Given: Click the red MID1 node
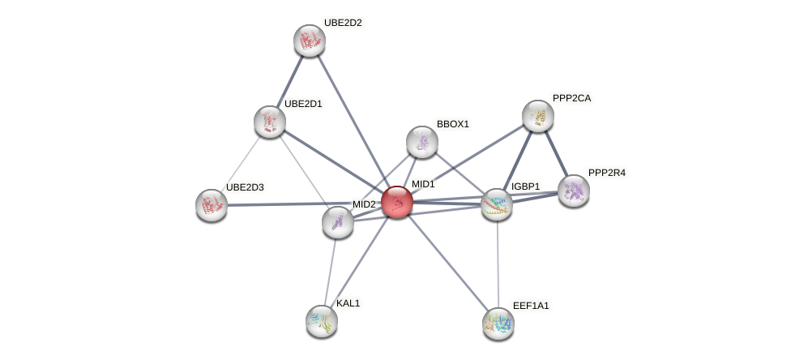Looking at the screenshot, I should (x=397, y=202).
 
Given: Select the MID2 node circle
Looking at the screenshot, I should (x=337, y=222).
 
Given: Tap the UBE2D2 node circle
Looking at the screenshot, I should (x=309, y=41).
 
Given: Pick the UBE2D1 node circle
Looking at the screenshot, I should (x=269, y=122).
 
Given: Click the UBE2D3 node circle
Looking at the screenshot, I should (x=212, y=205).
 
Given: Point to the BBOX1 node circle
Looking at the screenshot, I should (x=421, y=142).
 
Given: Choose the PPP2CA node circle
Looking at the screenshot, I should (x=537, y=116).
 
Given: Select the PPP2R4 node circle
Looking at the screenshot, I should (x=573, y=191).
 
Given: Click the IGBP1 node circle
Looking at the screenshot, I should (x=497, y=204).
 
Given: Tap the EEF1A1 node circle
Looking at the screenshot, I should (x=498, y=324).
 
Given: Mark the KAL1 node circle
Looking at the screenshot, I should (x=322, y=321).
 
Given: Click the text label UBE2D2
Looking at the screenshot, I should (x=343, y=23).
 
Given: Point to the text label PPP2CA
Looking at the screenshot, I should (x=572, y=98).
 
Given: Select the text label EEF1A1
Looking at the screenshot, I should (x=531, y=306).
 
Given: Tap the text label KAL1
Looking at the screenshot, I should (x=348, y=303).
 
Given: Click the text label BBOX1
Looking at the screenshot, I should (x=452, y=124).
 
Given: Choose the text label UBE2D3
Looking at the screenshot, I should (x=245, y=187).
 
